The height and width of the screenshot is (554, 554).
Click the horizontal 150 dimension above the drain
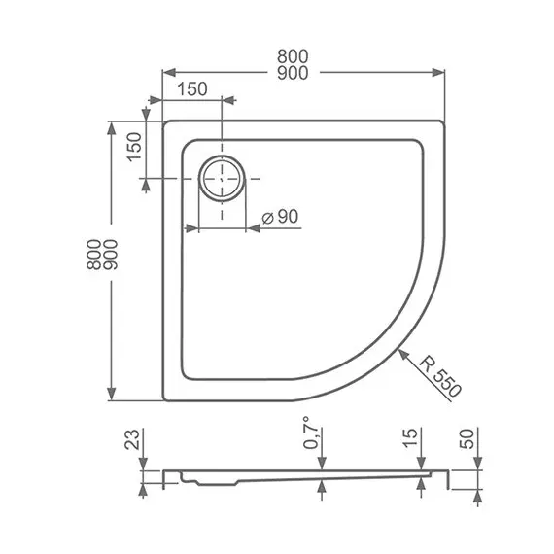[x=191, y=89]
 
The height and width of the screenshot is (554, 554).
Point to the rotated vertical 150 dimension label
[x=136, y=146]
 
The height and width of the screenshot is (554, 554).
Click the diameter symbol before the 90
[x=256, y=219]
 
